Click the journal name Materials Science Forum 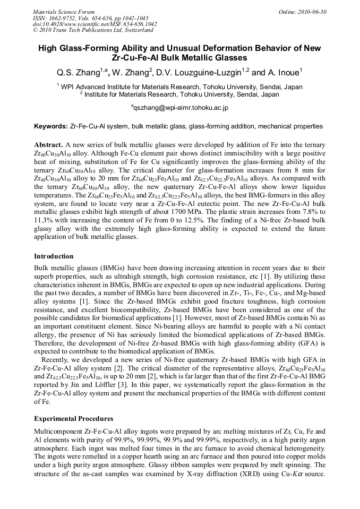click(64, 12)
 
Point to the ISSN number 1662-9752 click(64, 18)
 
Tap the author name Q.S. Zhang click(77, 72)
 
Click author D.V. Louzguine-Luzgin click(201, 72)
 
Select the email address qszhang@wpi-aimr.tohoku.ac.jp click(180, 108)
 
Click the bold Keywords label click(51, 126)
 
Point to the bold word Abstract click(48, 144)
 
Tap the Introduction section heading click(54, 256)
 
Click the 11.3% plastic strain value click(45, 220)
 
